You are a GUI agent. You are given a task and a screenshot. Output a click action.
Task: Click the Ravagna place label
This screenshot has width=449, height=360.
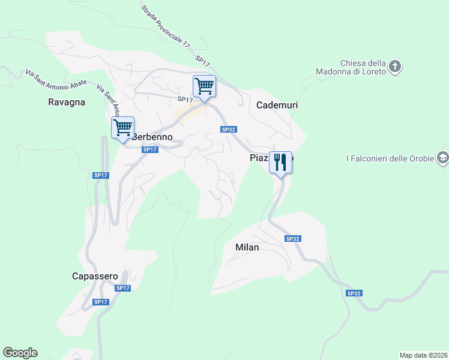point(67,102)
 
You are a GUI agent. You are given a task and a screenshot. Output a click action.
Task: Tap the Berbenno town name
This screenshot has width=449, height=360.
point(152,137)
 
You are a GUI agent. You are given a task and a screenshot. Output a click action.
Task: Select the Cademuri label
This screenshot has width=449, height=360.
point(277,105)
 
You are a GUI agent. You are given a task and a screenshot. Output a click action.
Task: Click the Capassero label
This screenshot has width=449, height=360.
point(95,276)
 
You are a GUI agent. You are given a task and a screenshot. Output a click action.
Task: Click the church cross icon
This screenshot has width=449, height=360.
point(395,66)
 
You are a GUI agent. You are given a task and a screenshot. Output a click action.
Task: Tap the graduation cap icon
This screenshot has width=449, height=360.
point(443,158)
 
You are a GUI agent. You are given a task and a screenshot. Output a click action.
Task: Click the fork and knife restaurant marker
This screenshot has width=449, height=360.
point(280,163)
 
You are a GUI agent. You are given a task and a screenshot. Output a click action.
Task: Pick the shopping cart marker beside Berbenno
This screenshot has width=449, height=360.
point(122,128)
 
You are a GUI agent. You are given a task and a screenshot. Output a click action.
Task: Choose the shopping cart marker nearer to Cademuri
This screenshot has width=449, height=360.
point(204,86)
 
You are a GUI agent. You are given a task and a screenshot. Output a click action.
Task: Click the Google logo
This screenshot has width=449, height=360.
point(20,353)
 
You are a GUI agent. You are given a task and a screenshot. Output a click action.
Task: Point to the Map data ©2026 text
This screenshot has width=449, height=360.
point(423,355)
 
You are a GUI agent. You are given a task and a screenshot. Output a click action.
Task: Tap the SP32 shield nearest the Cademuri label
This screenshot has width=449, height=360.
point(228,130)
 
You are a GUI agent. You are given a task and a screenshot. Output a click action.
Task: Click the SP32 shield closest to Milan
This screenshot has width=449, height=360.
point(292,239)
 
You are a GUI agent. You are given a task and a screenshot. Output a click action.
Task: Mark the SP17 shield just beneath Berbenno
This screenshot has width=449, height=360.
point(150,149)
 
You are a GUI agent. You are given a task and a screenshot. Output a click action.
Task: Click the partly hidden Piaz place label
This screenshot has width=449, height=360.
point(261,158)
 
